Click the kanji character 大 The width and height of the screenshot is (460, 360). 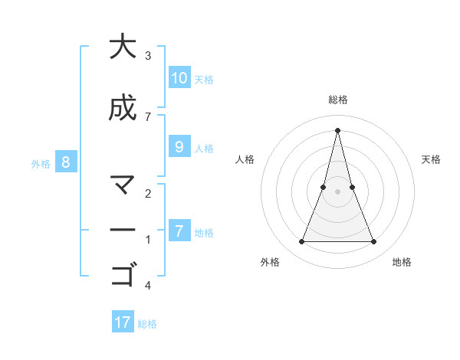click(x=122, y=47)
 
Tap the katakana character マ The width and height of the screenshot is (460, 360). click(x=122, y=185)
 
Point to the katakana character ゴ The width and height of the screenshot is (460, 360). click(x=123, y=273)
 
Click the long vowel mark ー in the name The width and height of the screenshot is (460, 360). click(x=123, y=229)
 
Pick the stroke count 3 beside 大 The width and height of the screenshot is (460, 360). click(x=148, y=55)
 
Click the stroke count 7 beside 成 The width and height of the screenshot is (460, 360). click(x=148, y=116)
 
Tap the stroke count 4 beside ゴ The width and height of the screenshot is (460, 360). click(x=148, y=286)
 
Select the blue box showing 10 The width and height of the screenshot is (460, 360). click(x=179, y=78)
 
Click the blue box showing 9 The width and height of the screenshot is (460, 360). click(x=179, y=147)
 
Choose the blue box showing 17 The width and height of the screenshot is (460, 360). click(x=123, y=322)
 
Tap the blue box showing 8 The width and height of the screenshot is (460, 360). click(x=66, y=162)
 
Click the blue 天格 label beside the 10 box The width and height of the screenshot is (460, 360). click(x=204, y=80)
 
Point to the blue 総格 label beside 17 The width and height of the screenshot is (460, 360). click(x=147, y=324)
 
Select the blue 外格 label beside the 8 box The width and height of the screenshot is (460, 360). click(x=41, y=163)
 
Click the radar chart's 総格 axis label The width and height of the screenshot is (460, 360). click(x=337, y=100)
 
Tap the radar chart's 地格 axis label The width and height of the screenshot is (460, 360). click(x=402, y=262)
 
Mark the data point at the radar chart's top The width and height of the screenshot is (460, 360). click(x=337, y=129)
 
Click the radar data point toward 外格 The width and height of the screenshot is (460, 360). click(x=301, y=242)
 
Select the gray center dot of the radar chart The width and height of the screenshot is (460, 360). click(x=337, y=191)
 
